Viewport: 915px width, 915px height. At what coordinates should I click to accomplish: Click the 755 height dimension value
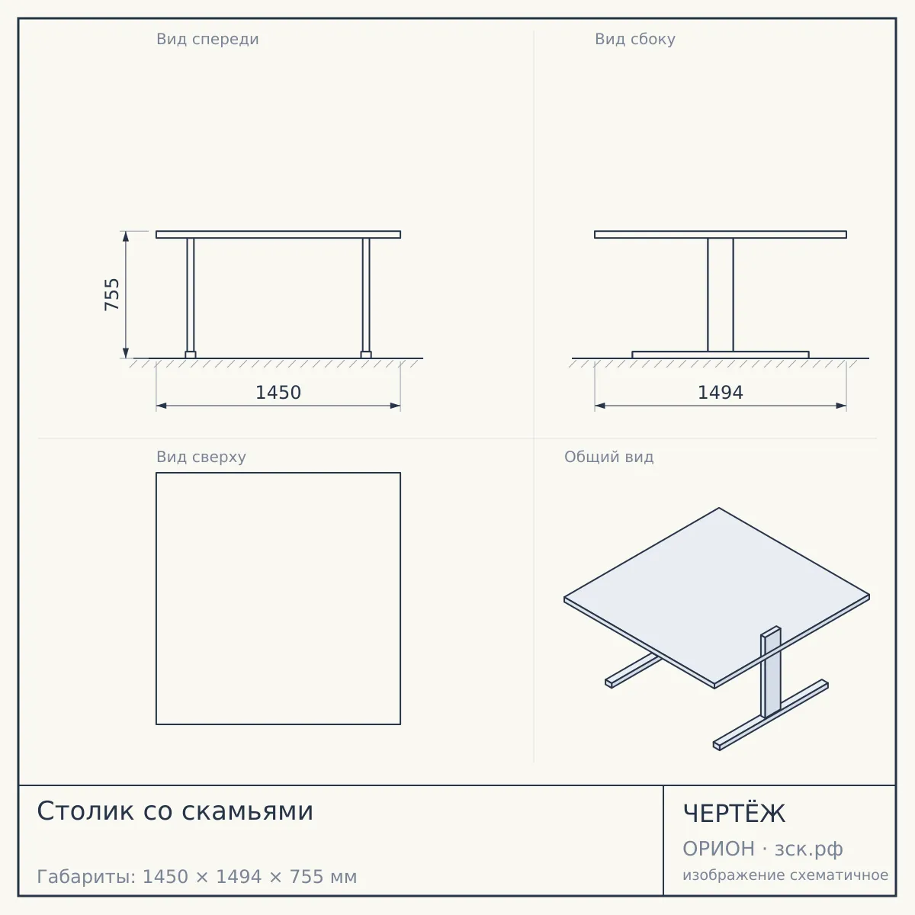pos(111,295)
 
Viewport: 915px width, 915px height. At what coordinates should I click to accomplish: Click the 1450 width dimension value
pos(278,393)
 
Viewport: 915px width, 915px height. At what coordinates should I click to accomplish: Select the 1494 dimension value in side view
pos(721,393)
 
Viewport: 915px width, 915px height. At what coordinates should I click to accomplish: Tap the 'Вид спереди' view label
pos(207,39)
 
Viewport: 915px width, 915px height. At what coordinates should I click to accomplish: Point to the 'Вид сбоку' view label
pos(635,39)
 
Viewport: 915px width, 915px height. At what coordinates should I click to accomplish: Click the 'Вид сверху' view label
pos(201,457)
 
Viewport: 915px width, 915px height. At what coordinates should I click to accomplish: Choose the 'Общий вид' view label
pos(608,457)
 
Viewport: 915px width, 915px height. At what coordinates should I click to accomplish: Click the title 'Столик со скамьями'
pos(175,811)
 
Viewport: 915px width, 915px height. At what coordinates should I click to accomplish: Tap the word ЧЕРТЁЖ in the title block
pos(734,813)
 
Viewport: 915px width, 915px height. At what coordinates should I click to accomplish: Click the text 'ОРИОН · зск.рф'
pos(762,849)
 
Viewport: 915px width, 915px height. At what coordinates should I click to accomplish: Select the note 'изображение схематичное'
pos(785,875)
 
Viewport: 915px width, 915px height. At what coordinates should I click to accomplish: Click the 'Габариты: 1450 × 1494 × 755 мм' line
pos(197,877)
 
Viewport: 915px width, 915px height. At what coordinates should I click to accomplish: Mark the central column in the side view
pos(721,295)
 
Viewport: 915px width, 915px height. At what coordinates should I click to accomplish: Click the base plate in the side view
pos(721,355)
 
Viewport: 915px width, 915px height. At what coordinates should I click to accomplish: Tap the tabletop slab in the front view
pos(278,235)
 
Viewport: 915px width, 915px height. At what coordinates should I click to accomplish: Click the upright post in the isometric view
pos(771,673)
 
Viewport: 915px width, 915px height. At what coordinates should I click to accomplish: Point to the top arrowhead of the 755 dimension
pos(126,236)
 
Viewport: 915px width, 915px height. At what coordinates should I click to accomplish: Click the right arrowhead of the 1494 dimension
pos(841,406)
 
